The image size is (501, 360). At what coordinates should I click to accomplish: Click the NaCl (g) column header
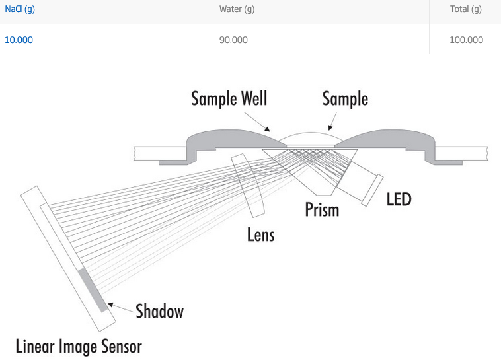click(x=19, y=9)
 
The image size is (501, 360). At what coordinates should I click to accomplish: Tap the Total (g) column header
click(x=466, y=9)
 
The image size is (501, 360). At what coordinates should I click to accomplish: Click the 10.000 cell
click(x=19, y=40)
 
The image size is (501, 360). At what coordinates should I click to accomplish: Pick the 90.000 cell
click(x=233, y=40)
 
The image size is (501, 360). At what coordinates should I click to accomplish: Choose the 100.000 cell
click(x=466, y=40)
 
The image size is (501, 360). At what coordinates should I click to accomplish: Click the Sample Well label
click(x=229, y=99)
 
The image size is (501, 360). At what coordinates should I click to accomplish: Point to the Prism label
click(x=322, y=210)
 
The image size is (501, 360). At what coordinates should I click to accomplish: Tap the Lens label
click(x=260, y=234)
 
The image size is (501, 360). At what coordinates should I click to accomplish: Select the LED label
click(x=399, y=198)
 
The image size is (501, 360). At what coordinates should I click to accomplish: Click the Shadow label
click(x=159, y=311)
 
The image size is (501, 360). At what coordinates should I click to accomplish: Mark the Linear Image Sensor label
click(x=79, y=345)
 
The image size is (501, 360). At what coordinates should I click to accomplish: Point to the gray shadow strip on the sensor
click(x=92, y=290)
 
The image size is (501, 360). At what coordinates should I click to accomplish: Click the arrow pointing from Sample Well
click(x=264, y=124)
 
